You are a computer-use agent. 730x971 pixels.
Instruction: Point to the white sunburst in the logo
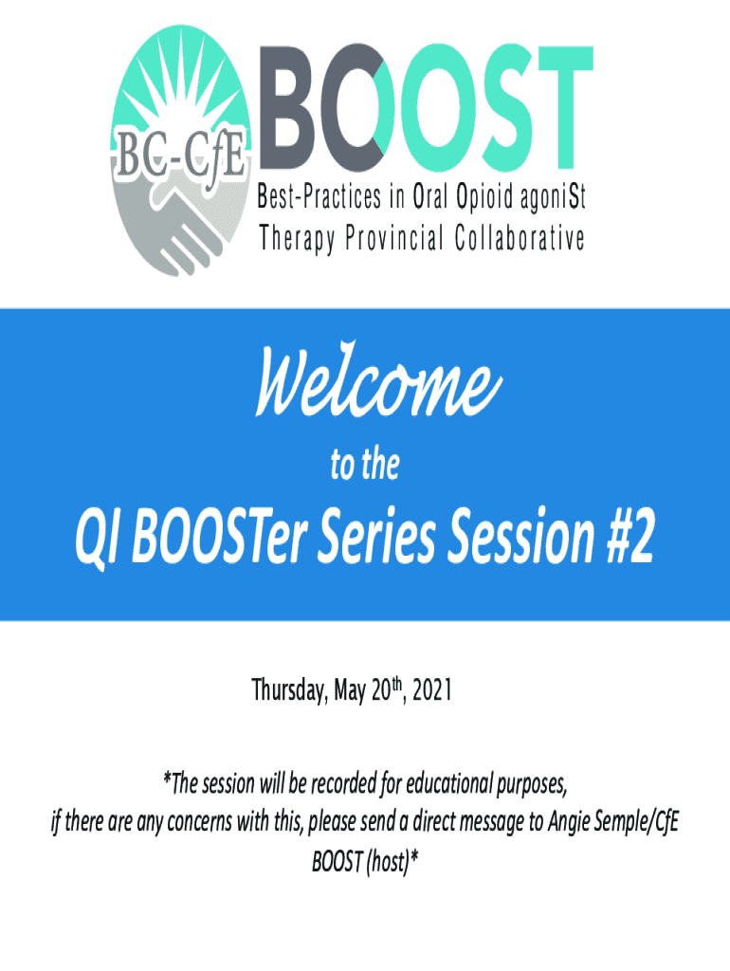pos(179,93)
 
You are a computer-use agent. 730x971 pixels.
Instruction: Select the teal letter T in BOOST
pos(561,106)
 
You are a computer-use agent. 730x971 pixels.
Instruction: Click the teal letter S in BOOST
pos(499,107)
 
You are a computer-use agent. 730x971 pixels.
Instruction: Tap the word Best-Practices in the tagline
pos(319,197)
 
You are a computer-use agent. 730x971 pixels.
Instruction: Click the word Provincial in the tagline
pos(393,238)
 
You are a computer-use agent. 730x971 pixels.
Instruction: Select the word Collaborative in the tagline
pos(520,238)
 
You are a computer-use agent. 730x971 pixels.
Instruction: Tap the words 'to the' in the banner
pos(365,466)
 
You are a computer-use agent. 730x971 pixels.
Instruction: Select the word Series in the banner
pos(377,535)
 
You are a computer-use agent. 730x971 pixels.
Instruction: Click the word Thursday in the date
pos(288,690)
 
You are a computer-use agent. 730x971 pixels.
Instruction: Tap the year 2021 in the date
pos(432,690)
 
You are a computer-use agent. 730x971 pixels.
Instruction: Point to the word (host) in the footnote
pos(388,861)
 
